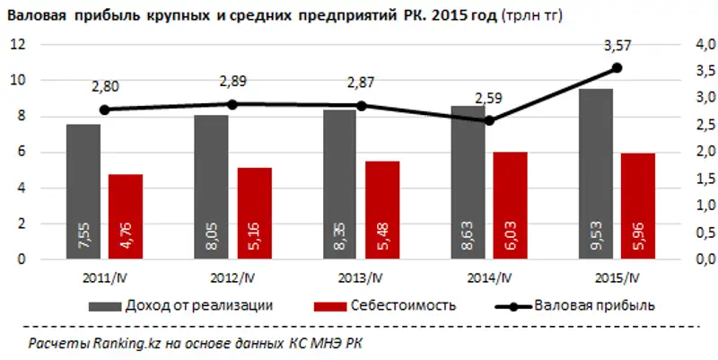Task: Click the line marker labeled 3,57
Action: coord(617,68)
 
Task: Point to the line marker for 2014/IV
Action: coord(489,120)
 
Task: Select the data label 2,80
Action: coord(105,86)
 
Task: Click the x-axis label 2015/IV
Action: coord(618,276)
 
